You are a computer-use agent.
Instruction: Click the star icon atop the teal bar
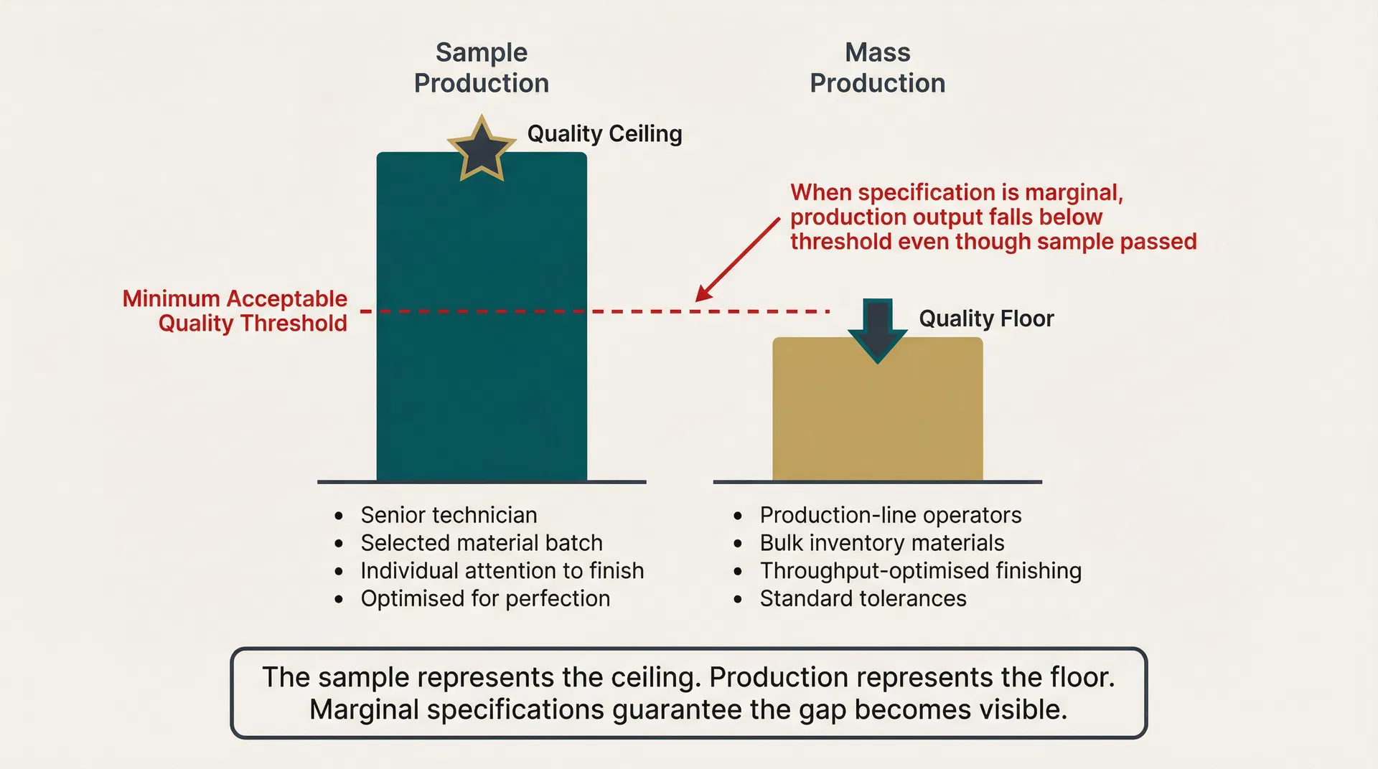pos(482,150)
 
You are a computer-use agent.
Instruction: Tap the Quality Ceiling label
pos(604,133)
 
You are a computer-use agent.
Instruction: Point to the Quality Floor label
pos(986,319)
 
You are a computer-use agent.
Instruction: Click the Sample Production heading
pos(482,67)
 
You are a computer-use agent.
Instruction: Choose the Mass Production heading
pos(877,67)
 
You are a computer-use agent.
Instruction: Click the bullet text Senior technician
pos(449,515)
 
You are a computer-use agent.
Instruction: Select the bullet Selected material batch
pos(481,543)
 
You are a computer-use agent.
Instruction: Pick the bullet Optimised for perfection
pos(485,598)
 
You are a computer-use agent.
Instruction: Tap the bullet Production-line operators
pos(890,515)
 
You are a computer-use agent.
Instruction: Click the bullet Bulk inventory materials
pos(881,543)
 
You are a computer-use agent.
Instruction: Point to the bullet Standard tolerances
pos(863,598)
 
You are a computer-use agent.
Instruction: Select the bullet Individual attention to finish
pos(502,571)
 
